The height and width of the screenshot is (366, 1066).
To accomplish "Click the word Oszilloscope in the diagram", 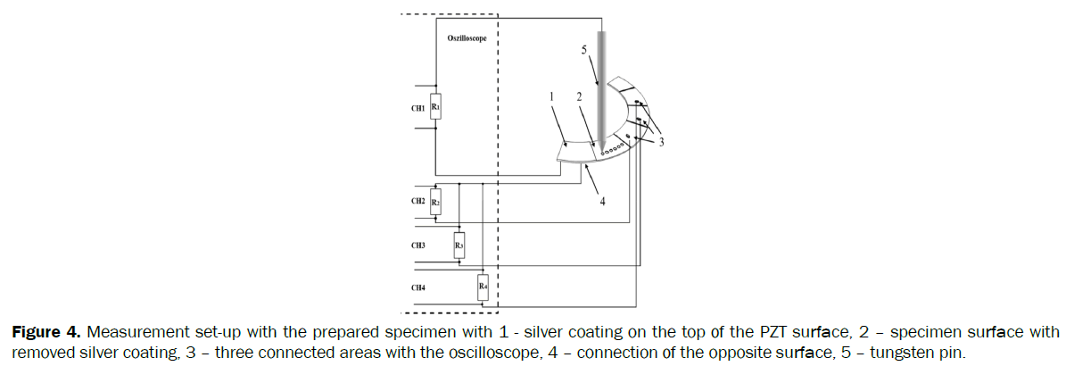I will coord(467,40).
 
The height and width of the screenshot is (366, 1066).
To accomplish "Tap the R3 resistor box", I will coord(459,243).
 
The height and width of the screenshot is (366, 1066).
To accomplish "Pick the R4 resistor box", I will coord(482,286).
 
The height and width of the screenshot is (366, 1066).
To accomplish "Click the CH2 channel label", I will coord(417,202).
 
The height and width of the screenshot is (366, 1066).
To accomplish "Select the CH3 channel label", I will coord(417,244).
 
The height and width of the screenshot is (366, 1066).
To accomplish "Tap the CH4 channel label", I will coord(417,287).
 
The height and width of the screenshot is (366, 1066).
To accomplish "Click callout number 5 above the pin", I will coord(584,51).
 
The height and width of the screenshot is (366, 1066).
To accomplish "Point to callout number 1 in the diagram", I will coord(552,96).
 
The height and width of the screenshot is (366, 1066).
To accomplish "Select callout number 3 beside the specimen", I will coord(661,140).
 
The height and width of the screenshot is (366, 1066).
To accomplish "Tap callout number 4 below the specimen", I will coord(602,202).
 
